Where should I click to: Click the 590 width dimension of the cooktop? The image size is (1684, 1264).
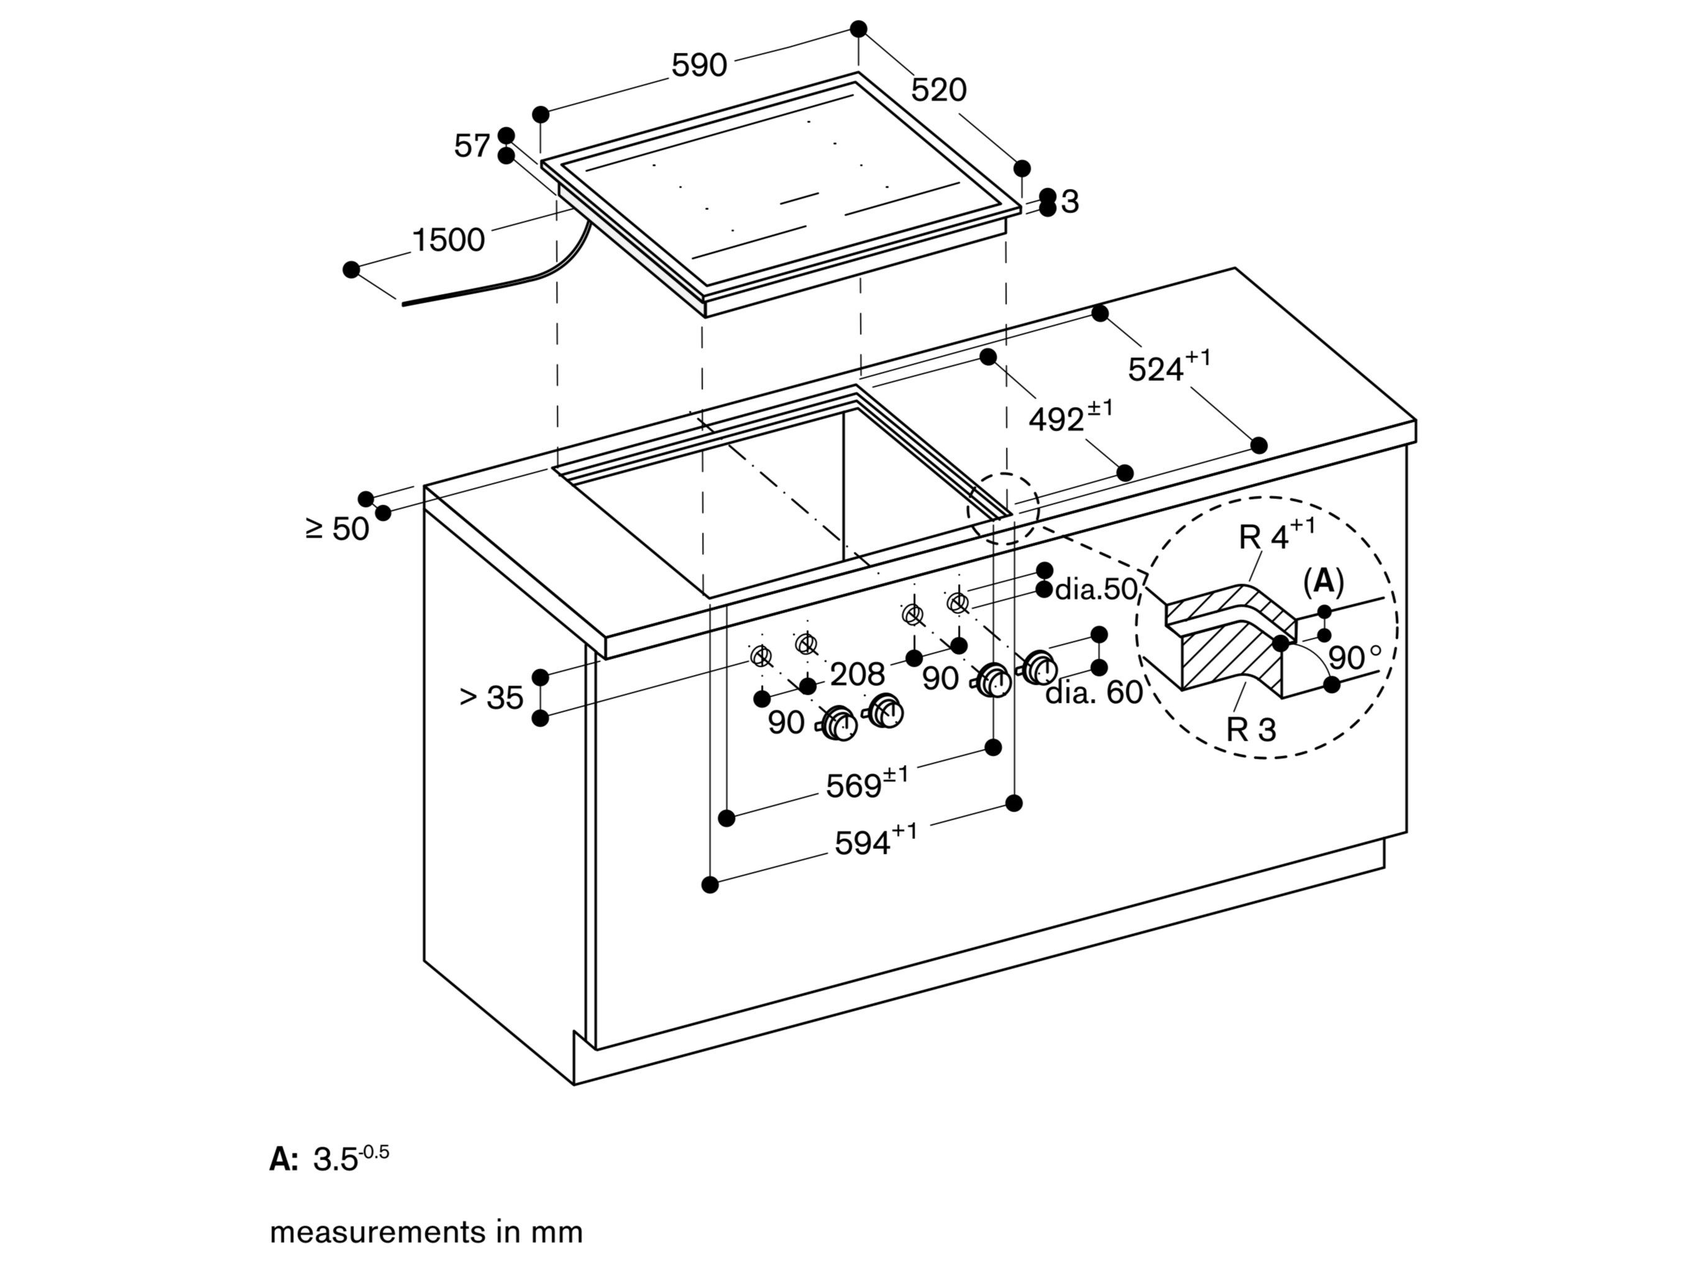coord(699,65)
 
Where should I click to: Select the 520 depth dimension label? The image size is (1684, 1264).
coord(939,90)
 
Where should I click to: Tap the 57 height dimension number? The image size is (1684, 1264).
coord(472,145)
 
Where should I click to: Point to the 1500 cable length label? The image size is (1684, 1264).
coord(447,240)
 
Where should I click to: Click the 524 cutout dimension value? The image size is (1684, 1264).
coord(1156,369)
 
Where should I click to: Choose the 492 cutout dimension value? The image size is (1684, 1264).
coord(1056,419)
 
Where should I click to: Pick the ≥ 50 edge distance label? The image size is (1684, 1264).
coord(337,528)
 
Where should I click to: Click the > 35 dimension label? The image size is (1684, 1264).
coord(492,697)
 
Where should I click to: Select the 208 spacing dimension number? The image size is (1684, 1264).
coord(858,674)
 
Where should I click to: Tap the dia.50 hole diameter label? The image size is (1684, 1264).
coord(1096,588)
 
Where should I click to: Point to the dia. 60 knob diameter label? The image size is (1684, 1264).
coord(1093,692)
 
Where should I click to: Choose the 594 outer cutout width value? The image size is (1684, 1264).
coord(863,843)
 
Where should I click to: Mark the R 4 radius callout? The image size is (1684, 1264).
coord(1264,537)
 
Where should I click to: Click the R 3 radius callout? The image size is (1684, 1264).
coord(1250,730)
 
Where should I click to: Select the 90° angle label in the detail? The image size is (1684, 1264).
coord(1353,657)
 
